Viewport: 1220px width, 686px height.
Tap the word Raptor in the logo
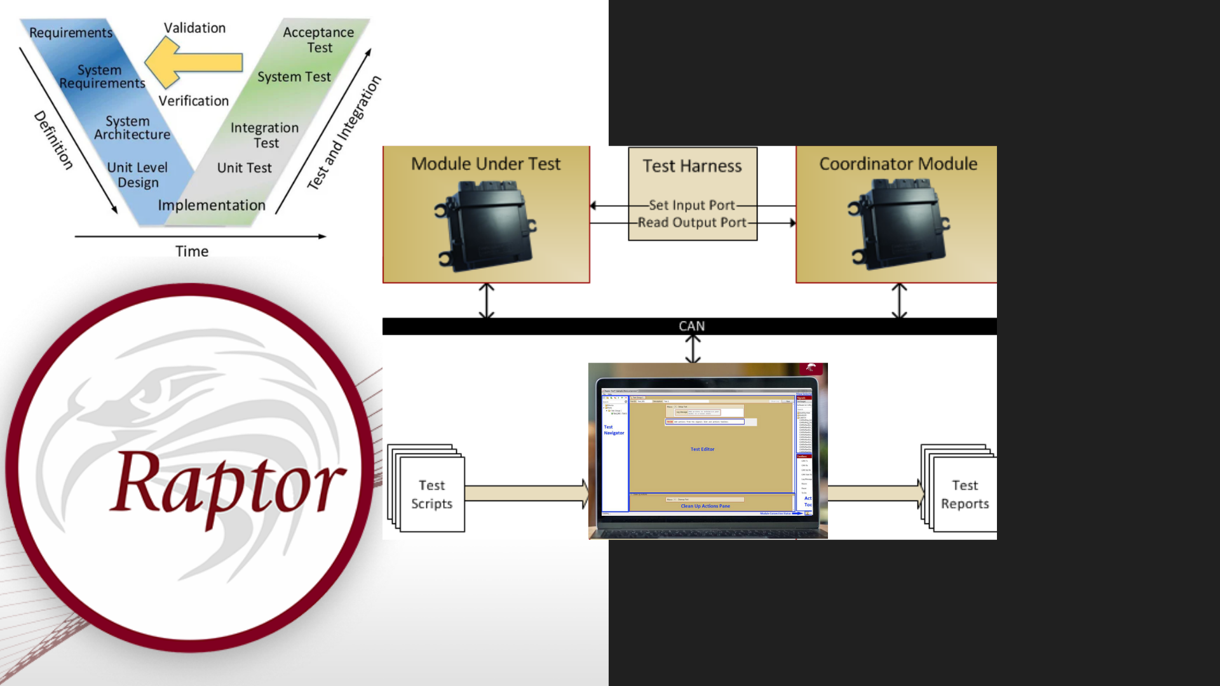click(x=227, y=486)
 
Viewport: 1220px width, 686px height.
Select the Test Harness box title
click(x=692, y=166)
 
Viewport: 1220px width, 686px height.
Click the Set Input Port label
click(x=691, y=205)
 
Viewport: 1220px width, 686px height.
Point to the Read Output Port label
click(x=692, y=222)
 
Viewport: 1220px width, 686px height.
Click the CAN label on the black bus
click(x=691, y=326)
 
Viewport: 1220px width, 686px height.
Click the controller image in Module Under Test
click(x=486, y=225)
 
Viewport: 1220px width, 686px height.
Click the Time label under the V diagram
click(x=192, y=252)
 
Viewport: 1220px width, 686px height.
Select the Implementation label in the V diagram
click(x=212, y=205)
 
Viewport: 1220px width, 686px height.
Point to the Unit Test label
click(x=244, y=168)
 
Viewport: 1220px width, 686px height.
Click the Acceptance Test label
click(x=318, y=40)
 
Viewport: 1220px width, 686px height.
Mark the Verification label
click(x=193, y=101)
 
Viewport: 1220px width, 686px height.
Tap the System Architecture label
click(x=132, y=128)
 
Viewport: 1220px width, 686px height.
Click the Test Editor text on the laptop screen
click(x=702, y=449)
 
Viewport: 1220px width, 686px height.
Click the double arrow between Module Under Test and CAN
click(x=486, y=300)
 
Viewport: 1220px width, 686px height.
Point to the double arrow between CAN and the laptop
click(x=693, y=349)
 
